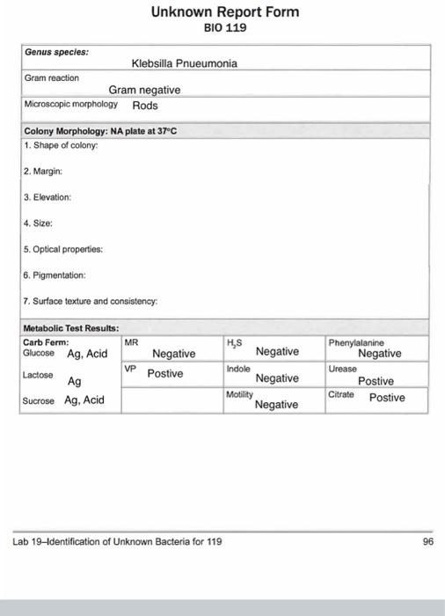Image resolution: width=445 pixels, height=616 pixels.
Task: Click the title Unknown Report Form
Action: click(225, 12)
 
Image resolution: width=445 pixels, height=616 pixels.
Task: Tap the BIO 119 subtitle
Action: click(225, 28)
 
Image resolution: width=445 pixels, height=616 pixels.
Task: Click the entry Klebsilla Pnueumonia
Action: click(184, 63)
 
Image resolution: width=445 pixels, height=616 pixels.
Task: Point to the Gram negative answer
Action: click(144, 90)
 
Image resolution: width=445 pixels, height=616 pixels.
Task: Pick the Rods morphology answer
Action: click(145, 106)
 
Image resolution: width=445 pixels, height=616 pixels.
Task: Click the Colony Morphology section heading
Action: click(100, 131)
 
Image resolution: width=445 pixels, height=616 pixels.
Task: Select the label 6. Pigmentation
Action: click(55, 275)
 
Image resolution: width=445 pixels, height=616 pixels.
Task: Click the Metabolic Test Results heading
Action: click(70, 328)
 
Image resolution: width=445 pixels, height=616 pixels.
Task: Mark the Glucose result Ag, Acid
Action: click(87, 353)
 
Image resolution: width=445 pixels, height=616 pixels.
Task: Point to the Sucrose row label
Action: click(39, 400)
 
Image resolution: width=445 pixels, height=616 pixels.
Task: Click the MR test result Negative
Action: click(173, 354)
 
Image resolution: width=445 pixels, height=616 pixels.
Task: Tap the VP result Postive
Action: click(164, 373)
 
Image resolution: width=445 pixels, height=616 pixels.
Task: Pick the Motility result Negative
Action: click(277, 405)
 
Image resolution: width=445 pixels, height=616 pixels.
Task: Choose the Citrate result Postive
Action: click(387, 398)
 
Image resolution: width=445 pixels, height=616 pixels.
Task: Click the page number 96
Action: click(427, 542)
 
